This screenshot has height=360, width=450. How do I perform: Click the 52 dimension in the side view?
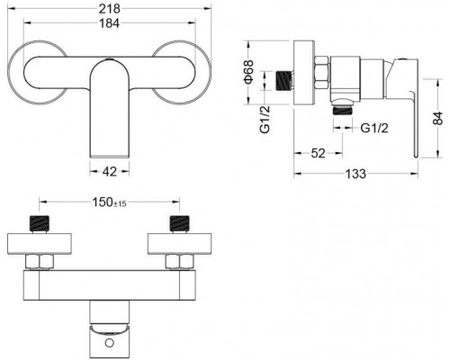[316, 154]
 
